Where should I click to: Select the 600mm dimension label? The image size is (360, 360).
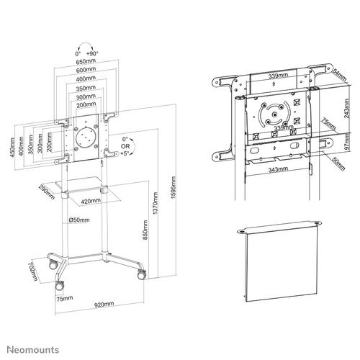tap(85, 70)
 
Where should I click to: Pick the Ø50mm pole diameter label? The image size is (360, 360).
tap(78, 219)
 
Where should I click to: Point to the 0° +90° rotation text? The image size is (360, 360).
tap(85, 53)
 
